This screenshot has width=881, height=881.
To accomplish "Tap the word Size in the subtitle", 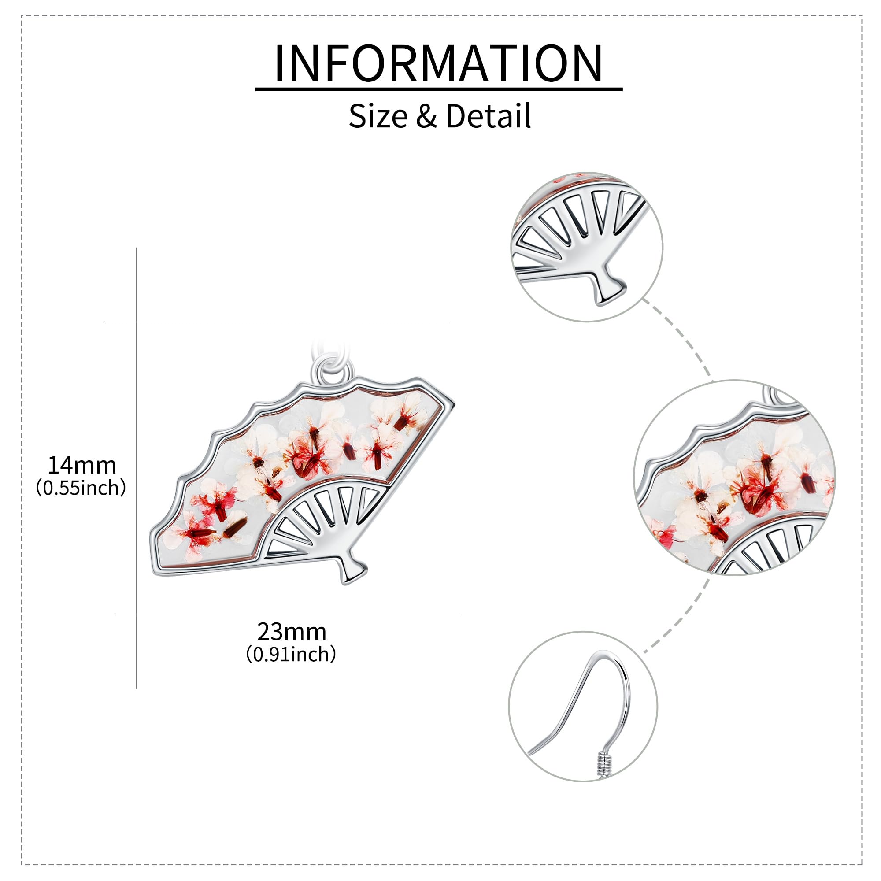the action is pyautogui.click(x=378, y=116).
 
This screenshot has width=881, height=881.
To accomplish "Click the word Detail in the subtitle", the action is pyautogui.click(x=488, y=116).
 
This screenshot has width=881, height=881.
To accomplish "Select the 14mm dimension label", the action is pyautogui.click(x=82, y=465).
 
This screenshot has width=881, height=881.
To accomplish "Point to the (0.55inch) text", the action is pyautogui.click(x=81, y=488).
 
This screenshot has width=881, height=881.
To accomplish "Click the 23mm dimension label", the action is pyautogui.click(x=292, y=632).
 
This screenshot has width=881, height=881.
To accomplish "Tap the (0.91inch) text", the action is pyautogui.click(x=291, y=655).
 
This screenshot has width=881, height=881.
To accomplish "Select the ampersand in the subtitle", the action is pyautogui.click(x=426, y=116).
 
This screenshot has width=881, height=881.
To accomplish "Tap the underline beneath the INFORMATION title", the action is pyautogui.click(x=439, y=89).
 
